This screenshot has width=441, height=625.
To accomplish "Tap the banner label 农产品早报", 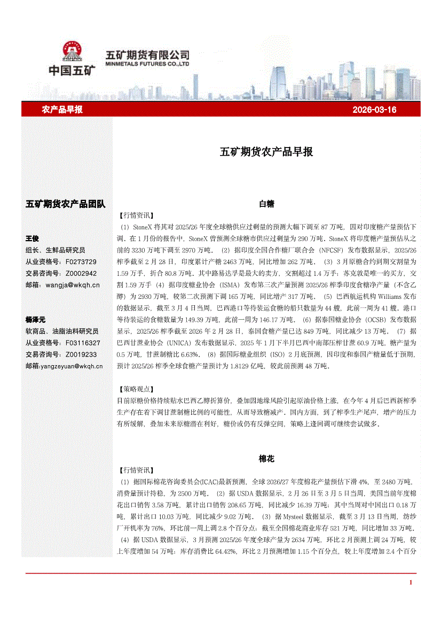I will pos(62,110).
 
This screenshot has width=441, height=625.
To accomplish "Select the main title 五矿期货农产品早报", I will pos(266,151).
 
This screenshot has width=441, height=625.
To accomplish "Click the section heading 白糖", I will pos(266,204).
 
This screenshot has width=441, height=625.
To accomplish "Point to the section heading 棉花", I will pos(266,459).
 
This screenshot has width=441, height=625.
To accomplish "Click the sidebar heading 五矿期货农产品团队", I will pos(66,204).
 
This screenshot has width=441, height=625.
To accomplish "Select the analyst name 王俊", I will pos(33,238).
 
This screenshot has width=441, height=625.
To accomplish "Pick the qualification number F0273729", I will pos(81,262).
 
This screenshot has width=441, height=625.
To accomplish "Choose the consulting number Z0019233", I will pos(81,354).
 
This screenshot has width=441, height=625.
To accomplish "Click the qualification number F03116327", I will pos(83,343).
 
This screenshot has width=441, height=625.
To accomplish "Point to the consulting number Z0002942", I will pos(81,274).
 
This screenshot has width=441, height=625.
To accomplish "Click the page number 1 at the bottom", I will pos(411,582).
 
